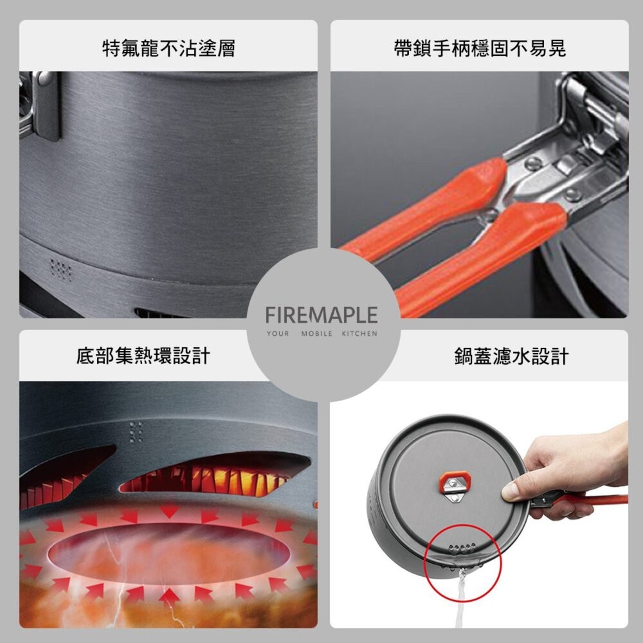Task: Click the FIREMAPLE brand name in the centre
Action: tap(321, 315)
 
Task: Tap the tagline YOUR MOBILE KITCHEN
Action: tap(322, 334)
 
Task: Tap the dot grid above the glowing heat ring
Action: tap(136, 432)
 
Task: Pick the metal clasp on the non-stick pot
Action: tap(42, 103)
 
